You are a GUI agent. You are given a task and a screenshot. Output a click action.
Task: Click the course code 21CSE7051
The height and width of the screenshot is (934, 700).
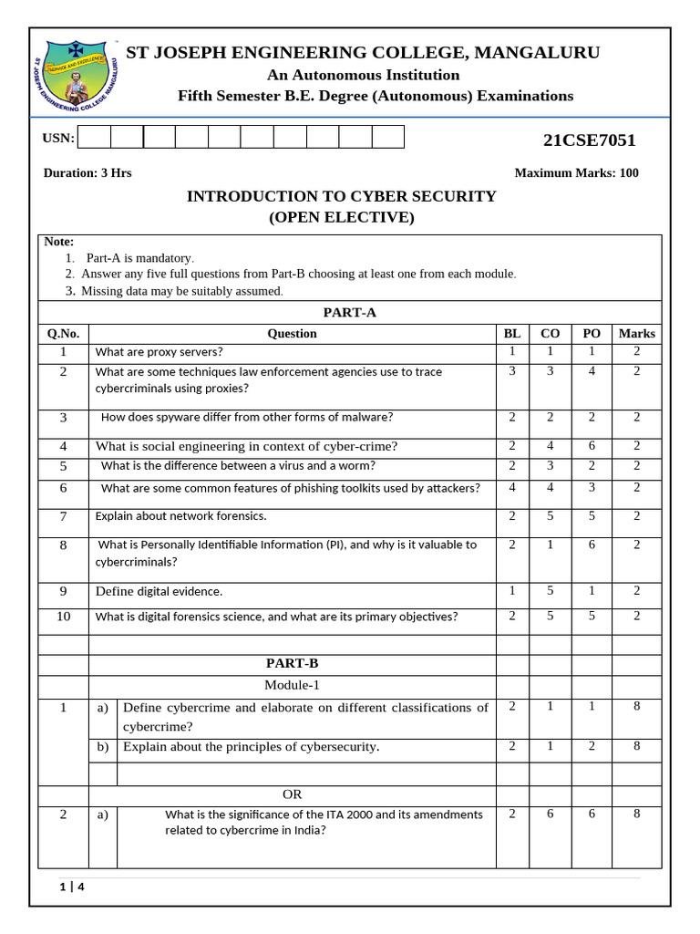click(x=589, y=140)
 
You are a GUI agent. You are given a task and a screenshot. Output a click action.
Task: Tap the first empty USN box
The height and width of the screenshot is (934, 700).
click(x=94, y=138)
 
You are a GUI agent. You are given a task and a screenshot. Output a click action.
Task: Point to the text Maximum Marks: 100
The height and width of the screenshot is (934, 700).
click(x=576, y=173)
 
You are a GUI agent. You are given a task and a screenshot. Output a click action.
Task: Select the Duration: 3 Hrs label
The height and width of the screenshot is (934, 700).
click(x=87, y=173)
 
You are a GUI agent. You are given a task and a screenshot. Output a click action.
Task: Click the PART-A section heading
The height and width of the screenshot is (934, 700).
click(x=349, y=312)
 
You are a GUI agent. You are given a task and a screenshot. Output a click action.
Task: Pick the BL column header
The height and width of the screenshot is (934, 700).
click(x=512, y=334)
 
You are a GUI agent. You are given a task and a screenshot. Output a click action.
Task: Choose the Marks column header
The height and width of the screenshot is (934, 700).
click(x=636, y=334)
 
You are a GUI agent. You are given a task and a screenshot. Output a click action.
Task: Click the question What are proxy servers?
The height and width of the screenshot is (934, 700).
click(x=159, y=352)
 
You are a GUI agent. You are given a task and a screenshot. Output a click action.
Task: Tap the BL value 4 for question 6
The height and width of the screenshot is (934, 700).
click(x=512, y=487)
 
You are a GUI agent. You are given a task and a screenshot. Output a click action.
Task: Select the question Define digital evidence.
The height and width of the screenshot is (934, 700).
click(x=159, y=591)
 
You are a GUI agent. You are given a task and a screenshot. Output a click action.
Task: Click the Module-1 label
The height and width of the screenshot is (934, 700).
click(x=292, y=685)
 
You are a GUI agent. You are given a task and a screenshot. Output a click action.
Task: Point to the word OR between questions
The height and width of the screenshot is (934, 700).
click(x=292, y=794)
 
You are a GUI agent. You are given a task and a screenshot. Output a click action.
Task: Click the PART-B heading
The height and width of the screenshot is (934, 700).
click(x=292, y=663)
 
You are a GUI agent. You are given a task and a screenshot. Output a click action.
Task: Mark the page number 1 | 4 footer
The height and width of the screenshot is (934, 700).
click(x=71, y=887)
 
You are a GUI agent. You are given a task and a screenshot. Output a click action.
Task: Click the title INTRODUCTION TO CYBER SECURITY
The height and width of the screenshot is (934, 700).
click(x=341, y=196)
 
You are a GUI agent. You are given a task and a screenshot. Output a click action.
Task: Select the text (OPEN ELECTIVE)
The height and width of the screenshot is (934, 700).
click(x=341, y=217)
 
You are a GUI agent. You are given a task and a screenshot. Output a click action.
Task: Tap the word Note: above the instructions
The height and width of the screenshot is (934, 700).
click(x=59, y=242)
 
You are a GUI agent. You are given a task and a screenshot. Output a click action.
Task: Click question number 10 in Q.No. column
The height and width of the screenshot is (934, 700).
click(x=63, y=616)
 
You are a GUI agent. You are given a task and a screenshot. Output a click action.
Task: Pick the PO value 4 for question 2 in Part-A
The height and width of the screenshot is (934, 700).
click(x=591, y=371)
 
